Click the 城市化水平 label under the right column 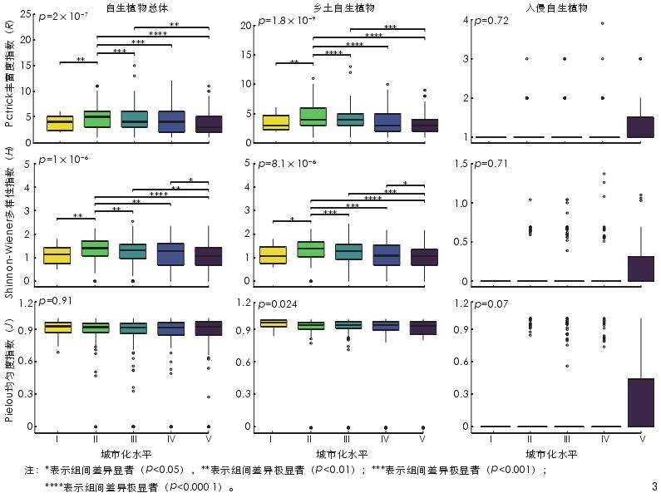551,455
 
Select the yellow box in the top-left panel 59,123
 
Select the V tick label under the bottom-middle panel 422,438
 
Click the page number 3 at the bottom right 654,486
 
